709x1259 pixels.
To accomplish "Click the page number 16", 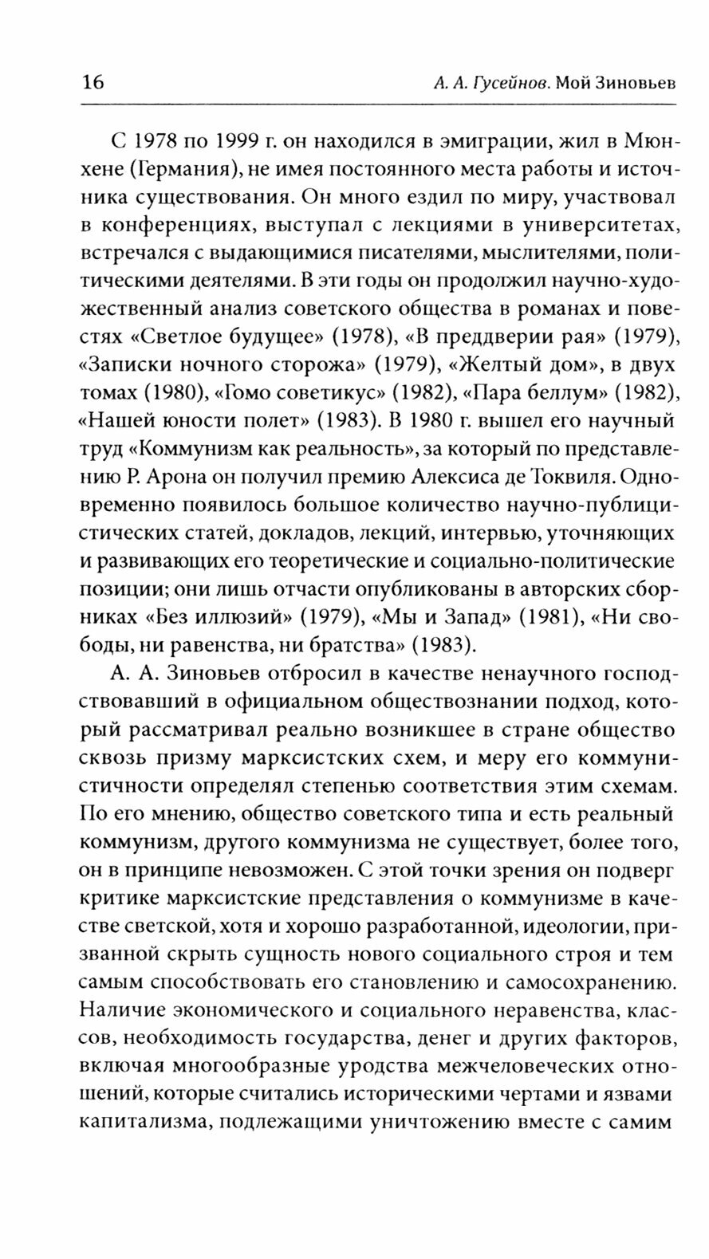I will [93, 82].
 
